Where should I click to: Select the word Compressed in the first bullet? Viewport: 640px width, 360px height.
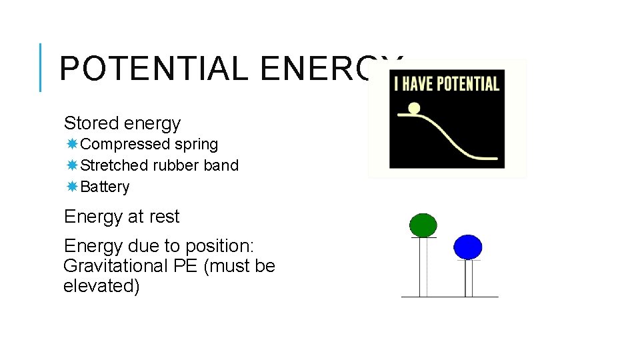[x=125, y=145]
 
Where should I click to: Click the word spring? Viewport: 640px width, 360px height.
[x=197, y=145]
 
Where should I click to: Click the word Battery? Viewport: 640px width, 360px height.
[x=105, y=187]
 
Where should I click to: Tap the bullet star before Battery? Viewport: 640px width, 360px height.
[x=71, y=187]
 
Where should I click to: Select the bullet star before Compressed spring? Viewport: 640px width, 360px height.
[x=71, y=144]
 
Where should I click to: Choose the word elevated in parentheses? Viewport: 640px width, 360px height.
[x=99, y=286]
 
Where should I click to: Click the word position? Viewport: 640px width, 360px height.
[x=218, y=246]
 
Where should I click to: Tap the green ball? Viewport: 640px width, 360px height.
[x=423, y=225]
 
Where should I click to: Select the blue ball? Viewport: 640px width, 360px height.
[x=467, y=247]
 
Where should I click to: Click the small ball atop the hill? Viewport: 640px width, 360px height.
[x=414, y=108]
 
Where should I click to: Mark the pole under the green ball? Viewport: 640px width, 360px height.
[x=423, y=267]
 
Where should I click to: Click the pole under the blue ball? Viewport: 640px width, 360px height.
[x=469, y=278]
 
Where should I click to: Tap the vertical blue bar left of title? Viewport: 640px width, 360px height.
[x=41, y=67]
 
